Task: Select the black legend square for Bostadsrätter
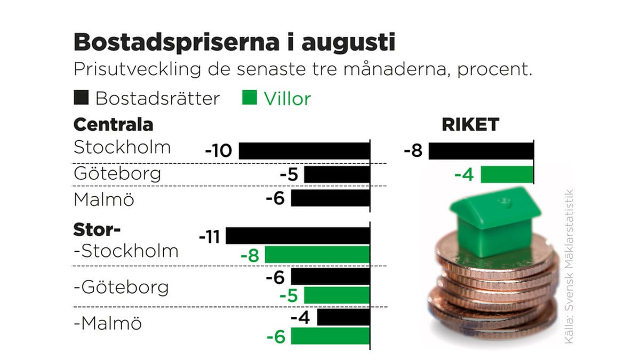(x=81, y=98)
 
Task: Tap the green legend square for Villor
(x=250, y=98)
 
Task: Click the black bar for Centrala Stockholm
(x=304, y=151)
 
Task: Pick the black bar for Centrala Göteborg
(x=337, y=174)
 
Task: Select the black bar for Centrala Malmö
(x=330, y=198)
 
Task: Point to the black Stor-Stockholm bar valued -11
(x=298, y=236)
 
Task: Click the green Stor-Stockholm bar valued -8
(x=317, y=255)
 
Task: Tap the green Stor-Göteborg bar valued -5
(x=337, y=295)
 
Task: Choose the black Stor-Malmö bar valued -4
(x=343, y=317)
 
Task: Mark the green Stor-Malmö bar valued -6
(x=330, y=337)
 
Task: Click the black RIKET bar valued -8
(x=481, y=151)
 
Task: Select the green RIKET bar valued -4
(x=507, y=174)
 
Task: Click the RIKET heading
(x=470, y=125)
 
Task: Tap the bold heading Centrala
(x=113, y=125)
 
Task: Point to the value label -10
(x=219, y=151)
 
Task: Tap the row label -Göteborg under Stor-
(x=121, y=288)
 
